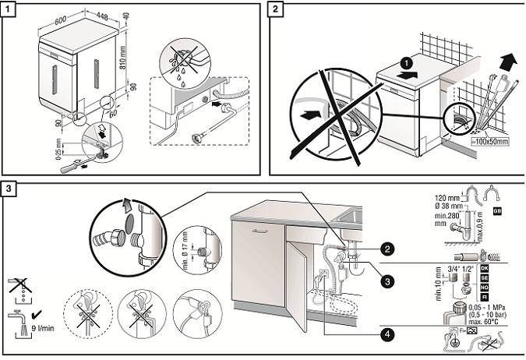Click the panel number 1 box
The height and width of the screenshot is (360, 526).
(x=10, y=9)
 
